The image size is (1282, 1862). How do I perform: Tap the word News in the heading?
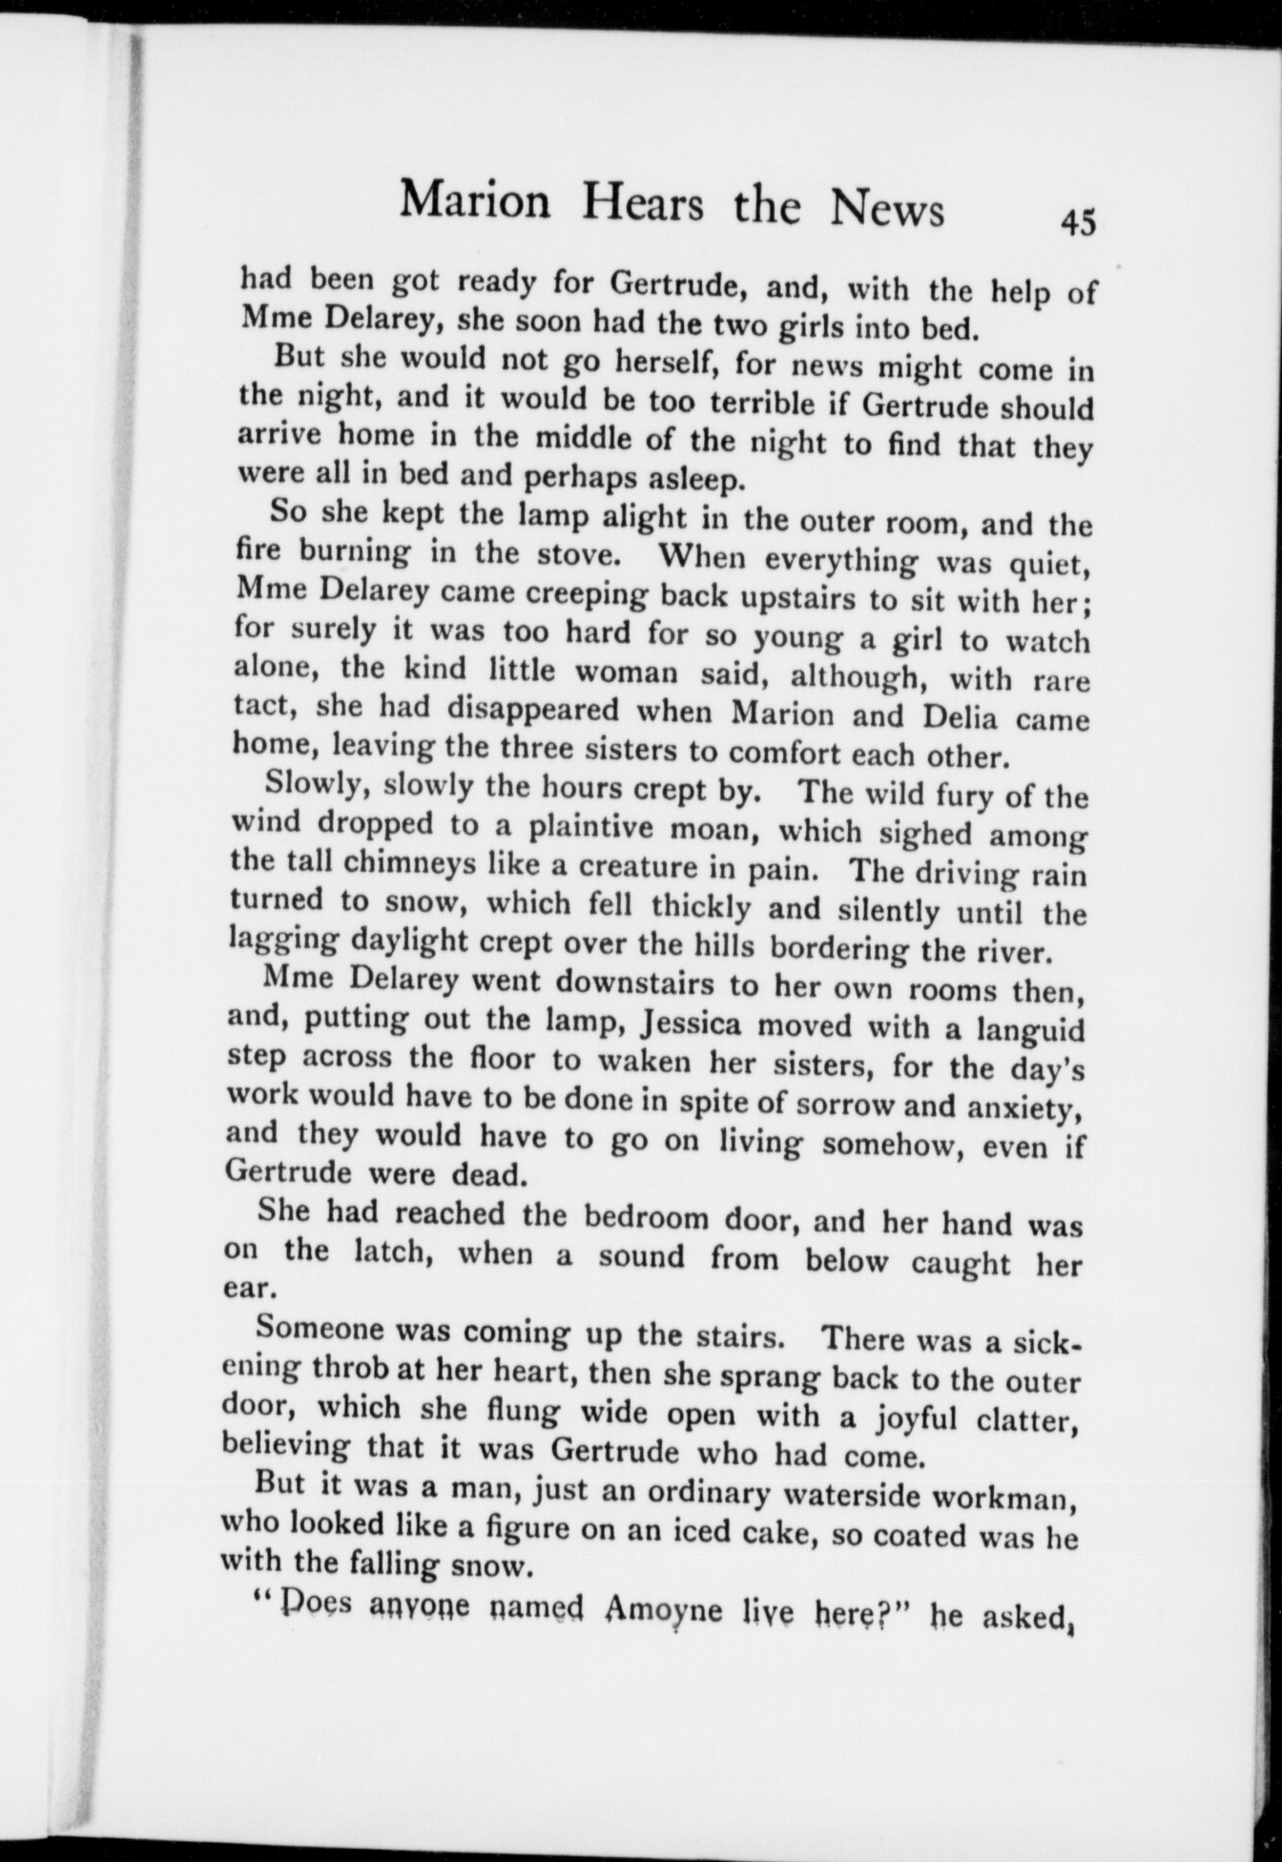(x=887, y=207)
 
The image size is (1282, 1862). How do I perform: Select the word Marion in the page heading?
(x=474, y=200)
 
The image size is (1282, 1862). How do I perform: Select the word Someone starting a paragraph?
(x=320, y=1328)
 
